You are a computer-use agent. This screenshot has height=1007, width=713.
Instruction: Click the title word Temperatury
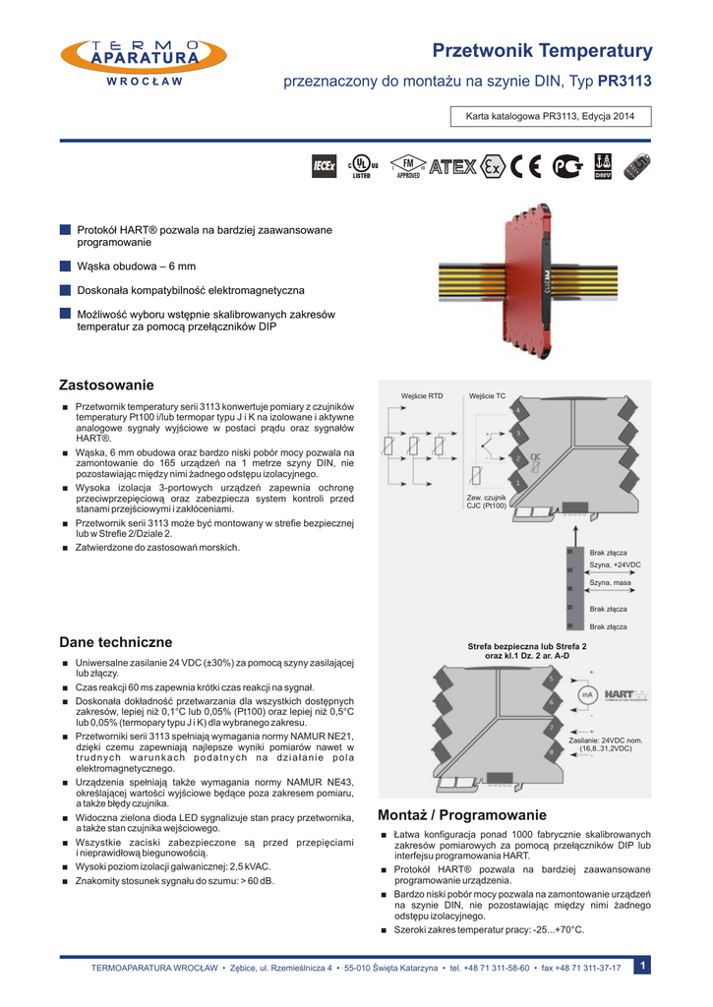(598, 50)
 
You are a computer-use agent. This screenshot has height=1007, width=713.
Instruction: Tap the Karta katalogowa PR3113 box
(543, 117)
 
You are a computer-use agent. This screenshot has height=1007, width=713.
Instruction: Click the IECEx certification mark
(325, 168)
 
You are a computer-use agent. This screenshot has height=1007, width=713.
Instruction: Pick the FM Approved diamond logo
(407, 167)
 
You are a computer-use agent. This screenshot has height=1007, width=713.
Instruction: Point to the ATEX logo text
(452, 167)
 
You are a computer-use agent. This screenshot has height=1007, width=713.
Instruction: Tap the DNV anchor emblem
(604, 167)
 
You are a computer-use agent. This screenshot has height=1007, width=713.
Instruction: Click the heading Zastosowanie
(106, 383)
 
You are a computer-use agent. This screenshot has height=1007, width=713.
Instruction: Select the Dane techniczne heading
(115, 642)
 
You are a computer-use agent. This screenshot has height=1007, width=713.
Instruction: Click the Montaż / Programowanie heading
(461, 815)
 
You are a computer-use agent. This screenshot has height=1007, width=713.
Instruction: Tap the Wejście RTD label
(422, 395)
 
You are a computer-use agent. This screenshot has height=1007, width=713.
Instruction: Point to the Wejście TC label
(487, 395)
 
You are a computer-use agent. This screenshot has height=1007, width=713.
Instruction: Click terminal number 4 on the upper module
(517, 410)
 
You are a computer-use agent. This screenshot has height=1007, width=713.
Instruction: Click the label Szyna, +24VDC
(615, 564)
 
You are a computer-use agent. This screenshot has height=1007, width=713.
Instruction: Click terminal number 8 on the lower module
(552, 752)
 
